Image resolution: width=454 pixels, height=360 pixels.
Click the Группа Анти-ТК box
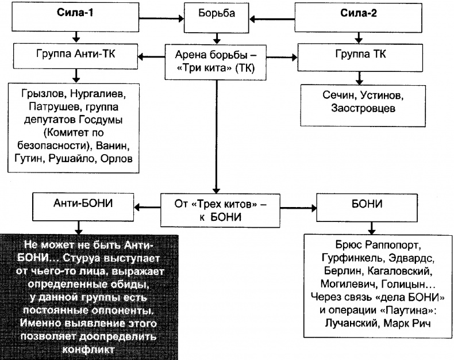pyautogui.click(x=75, y=56)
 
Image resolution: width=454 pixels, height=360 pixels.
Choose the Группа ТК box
pyautogui.click(x=360, y=56)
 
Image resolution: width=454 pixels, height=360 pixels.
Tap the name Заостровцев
pyautogui.click(x=360, y=109)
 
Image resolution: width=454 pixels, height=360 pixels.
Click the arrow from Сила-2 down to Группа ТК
pyautogui.click(x=360, y=38)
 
